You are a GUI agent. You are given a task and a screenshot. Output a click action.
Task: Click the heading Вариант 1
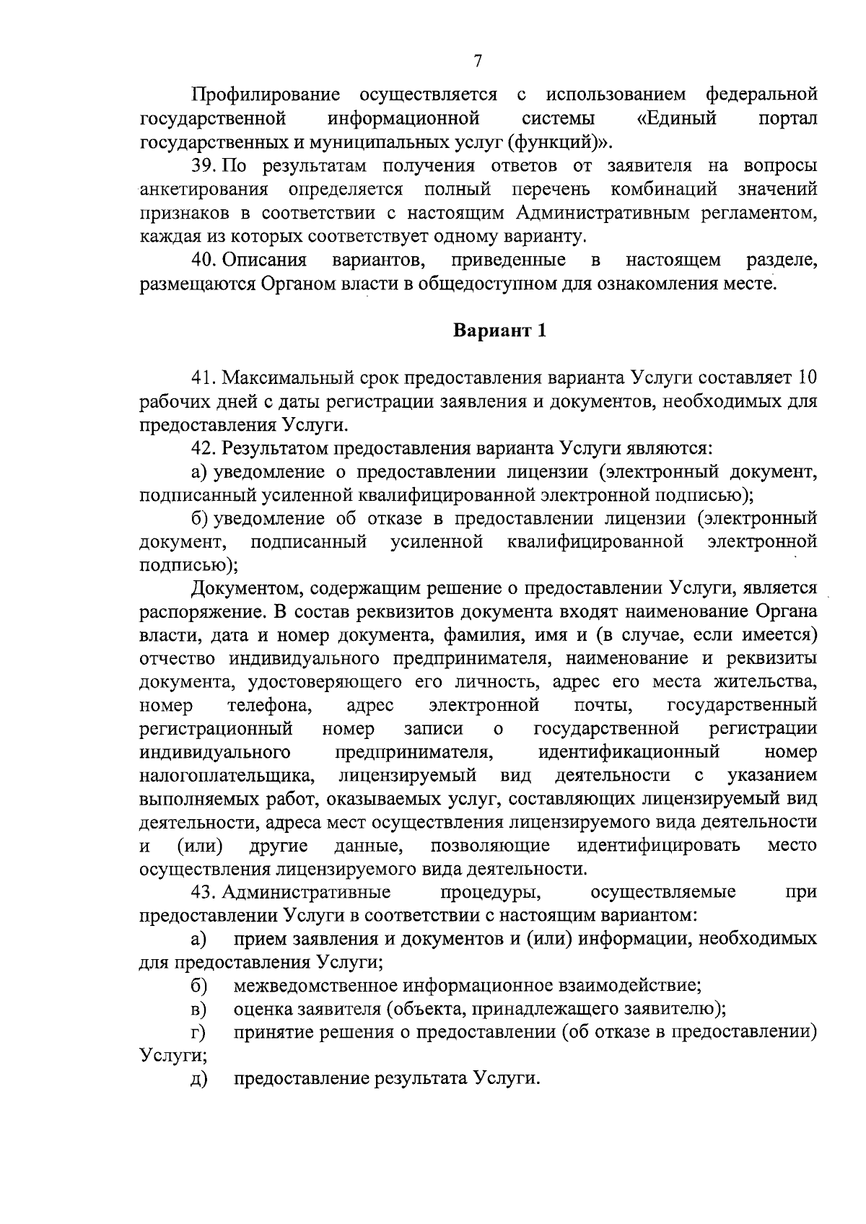click(x=499, y=331)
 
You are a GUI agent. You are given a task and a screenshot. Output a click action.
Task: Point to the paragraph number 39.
click(x=204, y=166)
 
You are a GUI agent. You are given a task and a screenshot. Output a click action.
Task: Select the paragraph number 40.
click(x=204, y=260)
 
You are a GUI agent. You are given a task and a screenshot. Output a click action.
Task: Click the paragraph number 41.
click(x=204, y=377)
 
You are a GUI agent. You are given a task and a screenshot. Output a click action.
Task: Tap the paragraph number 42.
click(x=204, y=448)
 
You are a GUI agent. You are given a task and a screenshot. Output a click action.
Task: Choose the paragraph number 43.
click(x=204, y=892)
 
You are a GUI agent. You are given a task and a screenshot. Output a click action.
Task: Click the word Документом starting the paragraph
click(x=240, y=589)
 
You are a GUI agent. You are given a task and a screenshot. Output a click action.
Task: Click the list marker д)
click(x=198, y=1080)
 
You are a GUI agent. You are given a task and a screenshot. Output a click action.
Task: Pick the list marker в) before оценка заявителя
click(x=198, y=1009)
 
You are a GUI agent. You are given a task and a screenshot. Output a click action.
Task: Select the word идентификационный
click(x=629, y=752)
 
